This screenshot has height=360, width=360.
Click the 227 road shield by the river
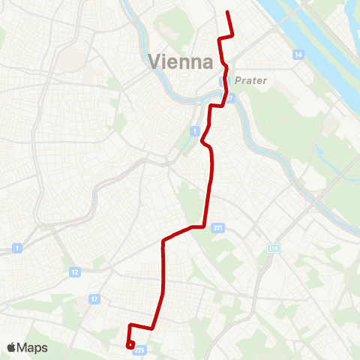coord(232,97)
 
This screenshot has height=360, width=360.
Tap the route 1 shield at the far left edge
coord(16,247)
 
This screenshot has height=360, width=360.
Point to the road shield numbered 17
coord(94,298)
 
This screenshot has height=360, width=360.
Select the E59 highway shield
coord(273,248)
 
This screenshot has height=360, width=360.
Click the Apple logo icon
coord(13,347)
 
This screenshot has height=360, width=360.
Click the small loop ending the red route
coord(130,345)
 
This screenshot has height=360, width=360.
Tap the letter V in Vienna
coord(154,61)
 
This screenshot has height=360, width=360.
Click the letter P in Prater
coord(237,79)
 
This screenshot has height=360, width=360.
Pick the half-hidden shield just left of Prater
coord(223,81)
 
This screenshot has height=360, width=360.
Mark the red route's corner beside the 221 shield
coord(204,225)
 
